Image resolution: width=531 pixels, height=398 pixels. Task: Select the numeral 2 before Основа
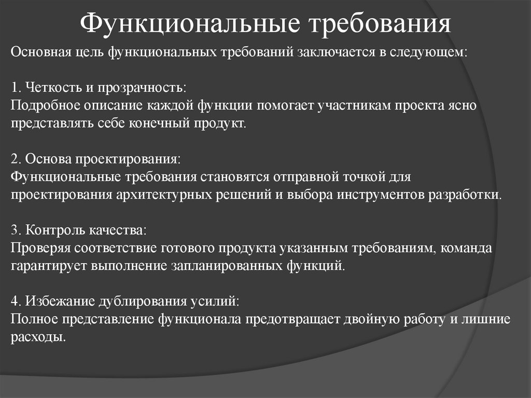point(14,158)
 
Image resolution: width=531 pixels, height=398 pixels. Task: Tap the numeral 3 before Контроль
point(14,229)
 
